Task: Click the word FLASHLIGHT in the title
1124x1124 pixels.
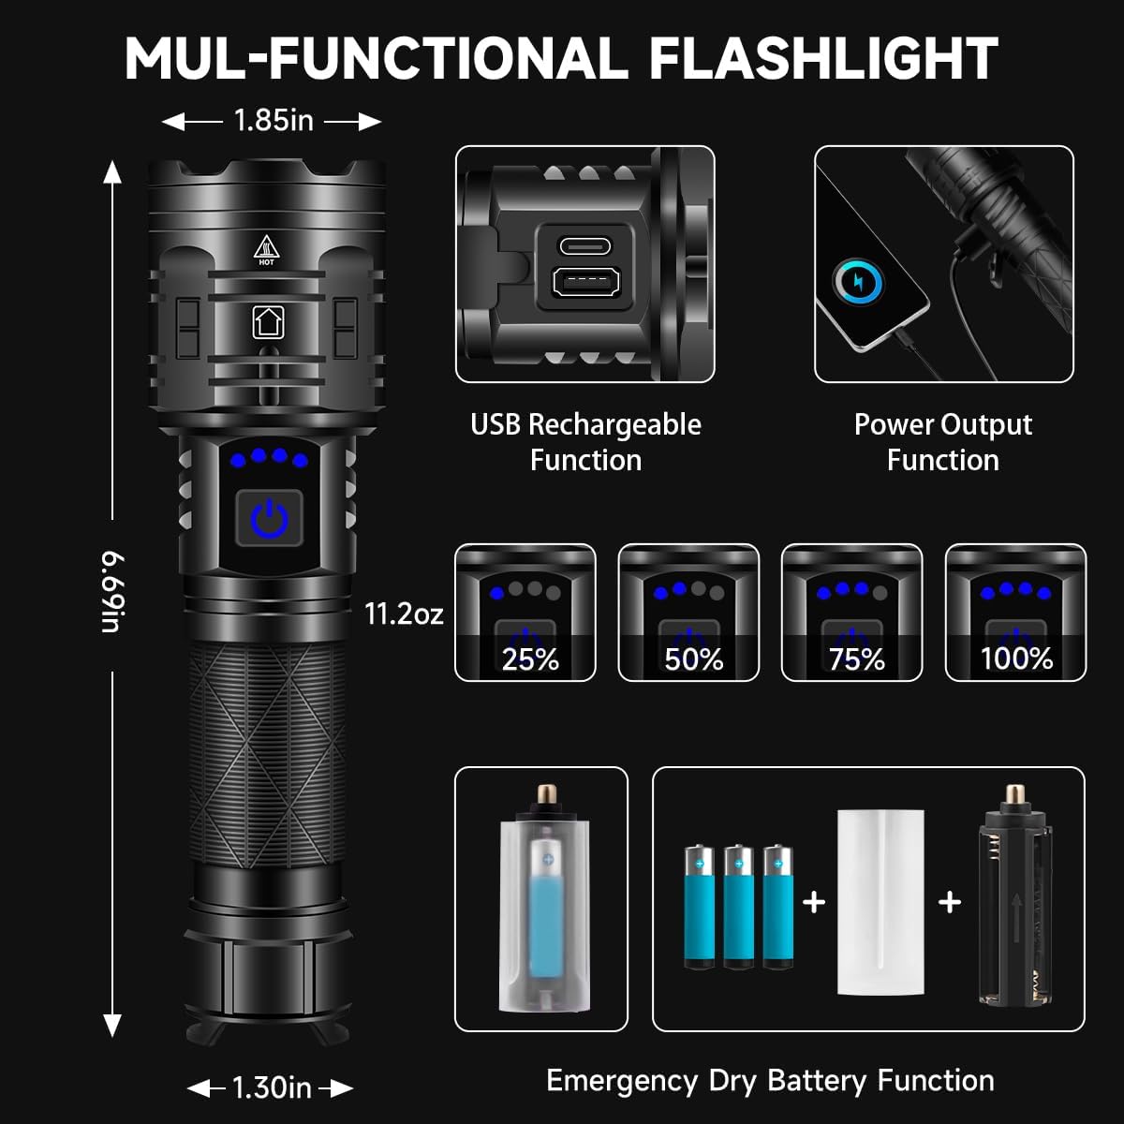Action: [x=822, y=58]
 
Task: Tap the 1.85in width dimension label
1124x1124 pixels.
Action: [x=273, y=120]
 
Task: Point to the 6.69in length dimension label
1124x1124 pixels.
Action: [x=112, y=592]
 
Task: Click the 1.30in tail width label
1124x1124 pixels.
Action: [x=272, y=1087]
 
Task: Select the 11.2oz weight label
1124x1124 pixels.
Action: [x=404, y=614]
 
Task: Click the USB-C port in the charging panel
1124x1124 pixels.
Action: [x=584, y=246]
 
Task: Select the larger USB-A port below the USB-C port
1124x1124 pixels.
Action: [x=584, y=282]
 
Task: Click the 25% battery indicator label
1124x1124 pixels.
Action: [x=529, y=659]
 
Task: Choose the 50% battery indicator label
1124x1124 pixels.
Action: [x=693, y=659]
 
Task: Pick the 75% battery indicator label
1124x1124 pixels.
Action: [x=856, y=659]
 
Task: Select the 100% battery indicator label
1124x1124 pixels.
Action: [x=1016, y=658]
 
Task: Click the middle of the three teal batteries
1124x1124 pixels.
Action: [x=738, y=906]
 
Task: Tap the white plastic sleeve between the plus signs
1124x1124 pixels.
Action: [x=880, y=901]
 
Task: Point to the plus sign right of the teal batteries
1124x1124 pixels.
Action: [x=814, y=901]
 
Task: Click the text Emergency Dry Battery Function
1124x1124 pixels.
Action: [x=770, y=1080]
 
